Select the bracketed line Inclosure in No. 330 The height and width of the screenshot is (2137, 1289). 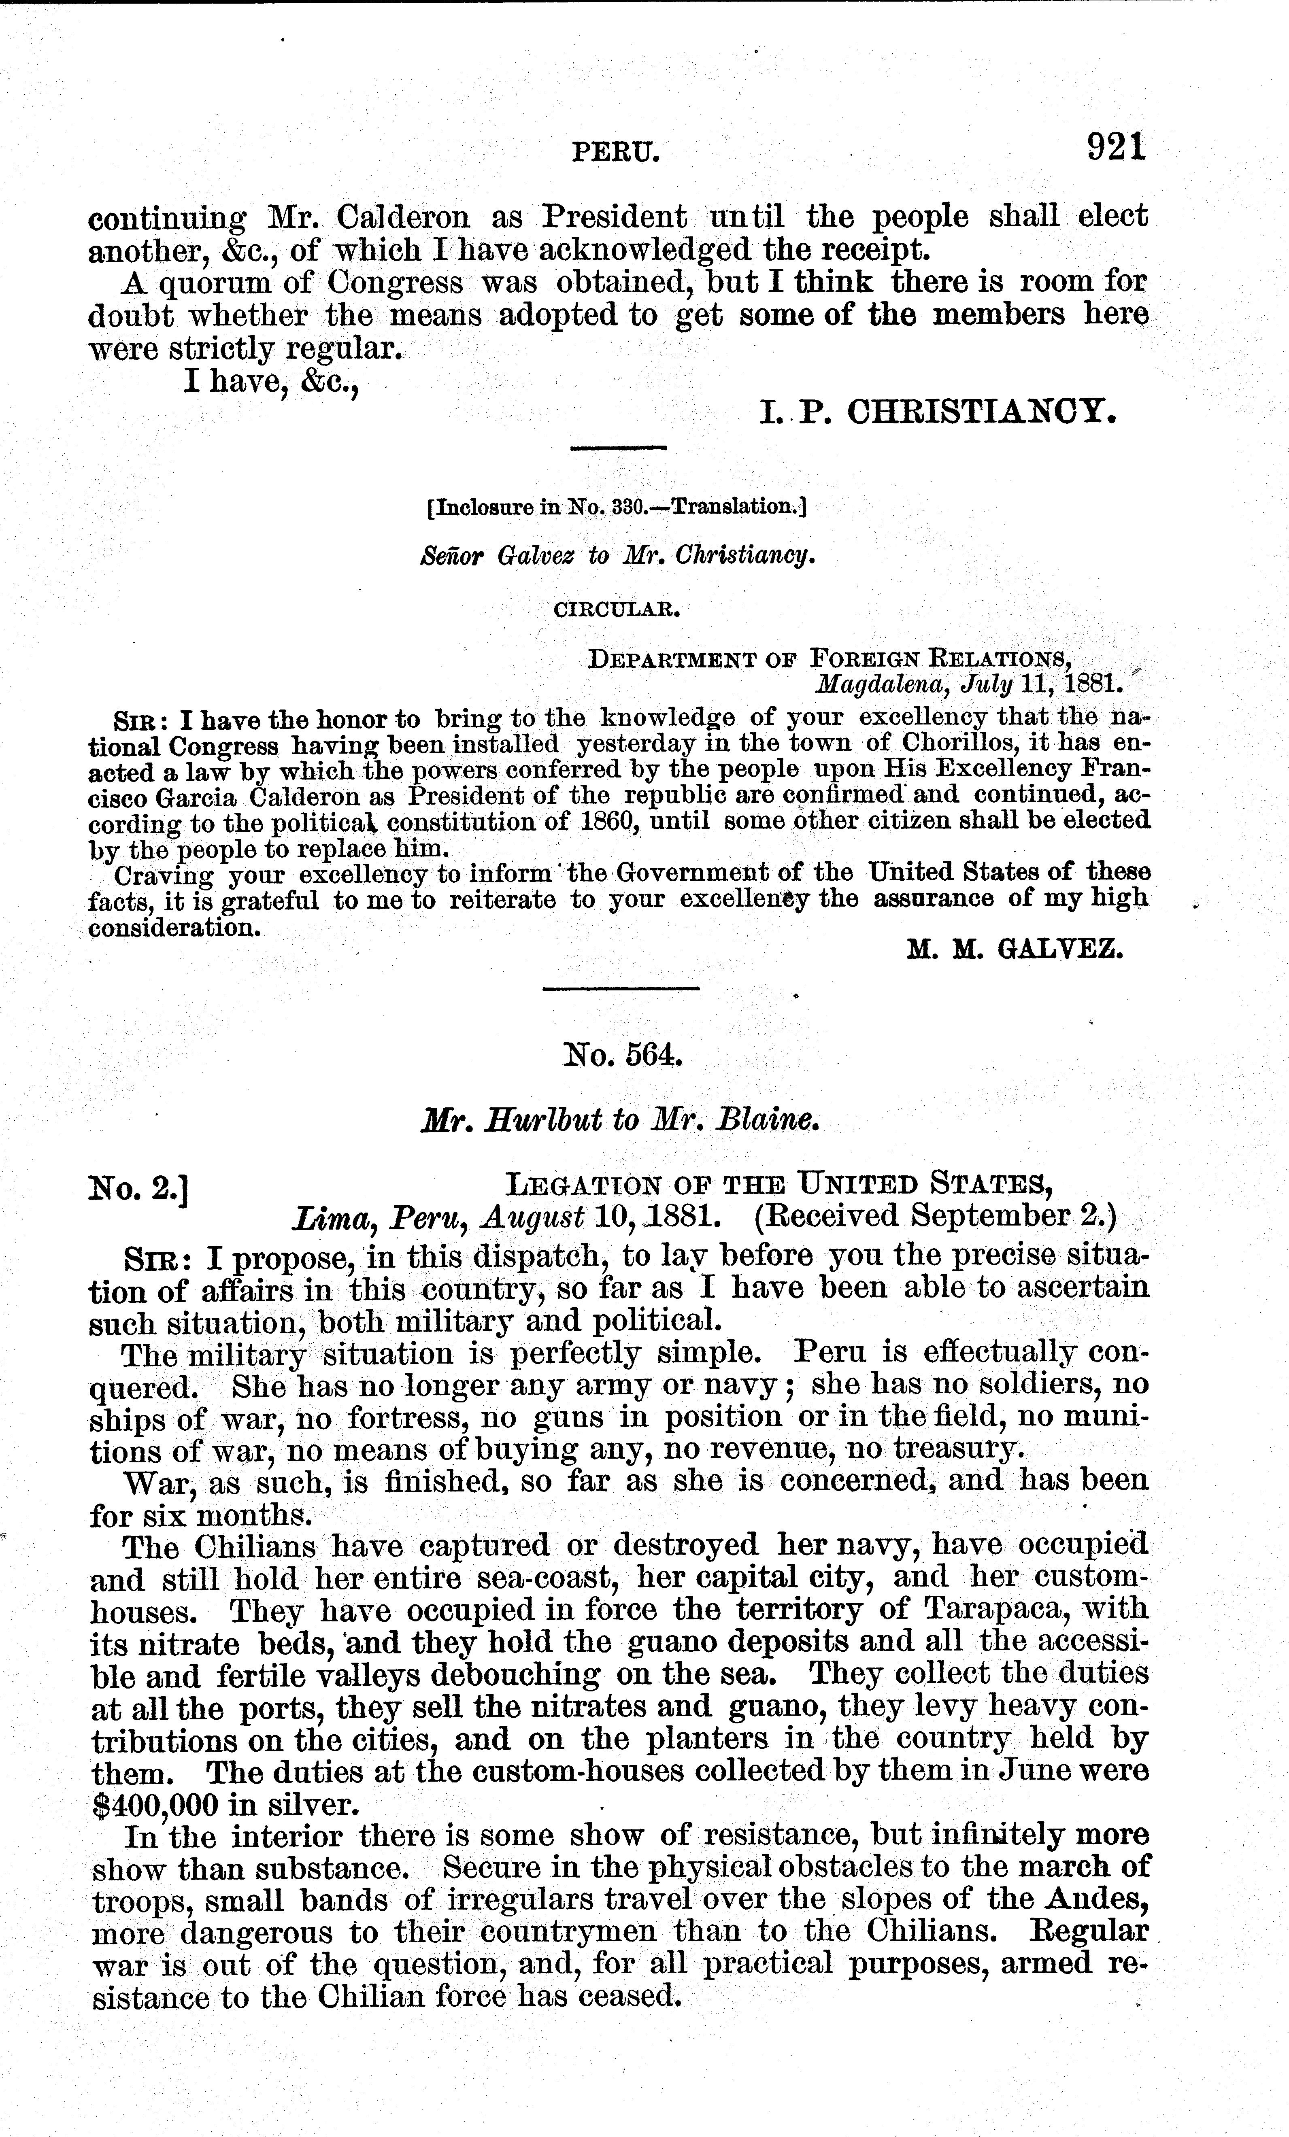point(617,508)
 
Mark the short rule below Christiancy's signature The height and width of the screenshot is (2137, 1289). point(618,448)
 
